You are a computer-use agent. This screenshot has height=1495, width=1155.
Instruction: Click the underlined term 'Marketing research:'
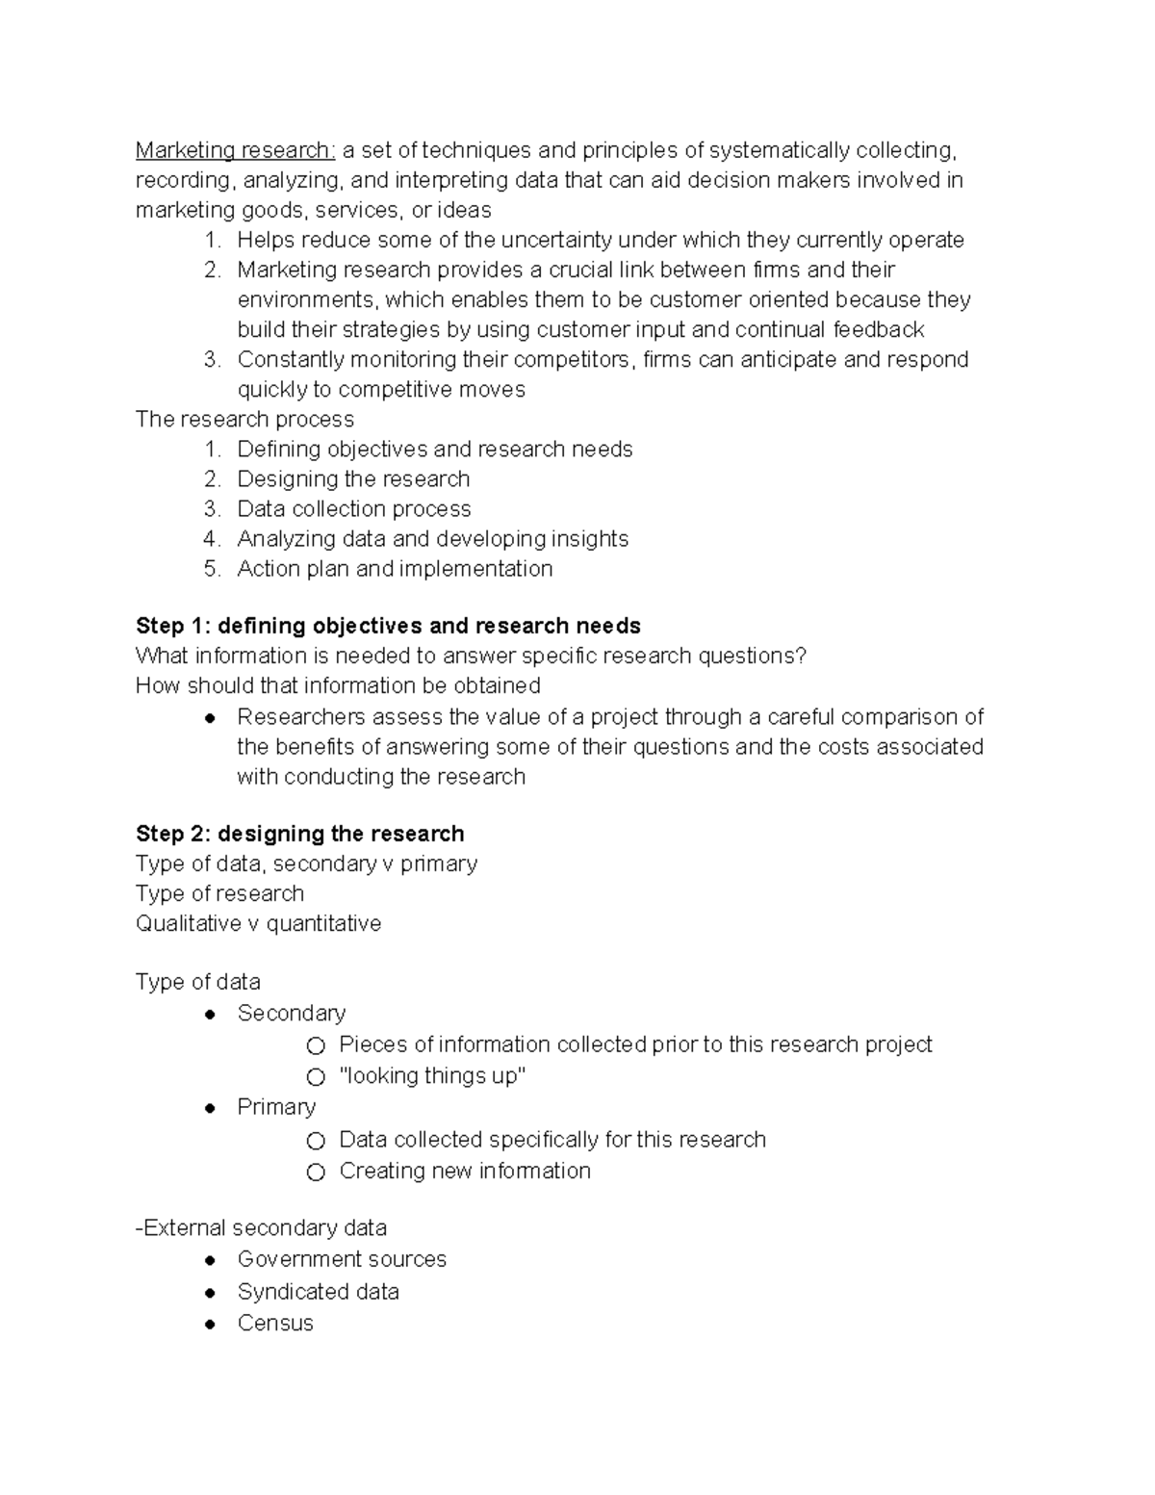[x=235, y=150]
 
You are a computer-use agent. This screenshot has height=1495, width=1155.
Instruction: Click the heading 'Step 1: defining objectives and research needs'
[x=388, y=626]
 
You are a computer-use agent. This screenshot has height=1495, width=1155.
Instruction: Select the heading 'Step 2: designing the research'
[x=299, y=834]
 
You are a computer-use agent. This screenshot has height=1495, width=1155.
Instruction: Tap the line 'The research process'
[x=244, y=420]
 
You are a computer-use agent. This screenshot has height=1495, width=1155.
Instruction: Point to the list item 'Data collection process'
[x=353, y=509]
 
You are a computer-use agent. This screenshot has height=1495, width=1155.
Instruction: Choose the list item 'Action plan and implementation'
[x=395, y=569]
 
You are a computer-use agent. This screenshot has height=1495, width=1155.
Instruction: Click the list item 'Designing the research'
[x=353, y=479]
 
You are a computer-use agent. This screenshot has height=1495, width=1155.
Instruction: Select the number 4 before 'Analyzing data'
[x=212, y=539]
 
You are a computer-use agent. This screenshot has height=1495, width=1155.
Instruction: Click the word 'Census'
[x=275, y=1323]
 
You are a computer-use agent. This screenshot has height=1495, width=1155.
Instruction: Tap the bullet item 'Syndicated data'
[x=318, y=1292]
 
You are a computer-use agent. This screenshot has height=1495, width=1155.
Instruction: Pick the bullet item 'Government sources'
[x=342, y=1259]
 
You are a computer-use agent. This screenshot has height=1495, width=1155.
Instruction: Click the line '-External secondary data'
[x=261, y=1228]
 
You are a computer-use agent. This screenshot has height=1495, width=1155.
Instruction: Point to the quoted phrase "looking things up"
[x=432, y=1076]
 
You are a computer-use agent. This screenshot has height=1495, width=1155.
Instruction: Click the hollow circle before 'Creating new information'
[x=316, y=1173]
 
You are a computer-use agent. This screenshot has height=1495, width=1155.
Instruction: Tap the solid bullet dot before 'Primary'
[x=210, y=1109]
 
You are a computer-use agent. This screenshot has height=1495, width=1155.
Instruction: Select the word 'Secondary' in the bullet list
[x=291, y=1014]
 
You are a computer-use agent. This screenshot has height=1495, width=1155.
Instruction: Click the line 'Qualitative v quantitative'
[x=258, y=924]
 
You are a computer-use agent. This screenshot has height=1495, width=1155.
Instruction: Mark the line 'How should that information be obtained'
[x=338, y=686]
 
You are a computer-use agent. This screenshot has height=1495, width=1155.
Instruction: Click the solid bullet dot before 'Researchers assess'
[x=210, y=718]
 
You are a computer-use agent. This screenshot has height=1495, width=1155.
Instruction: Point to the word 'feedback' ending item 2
[x=878, y=330]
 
